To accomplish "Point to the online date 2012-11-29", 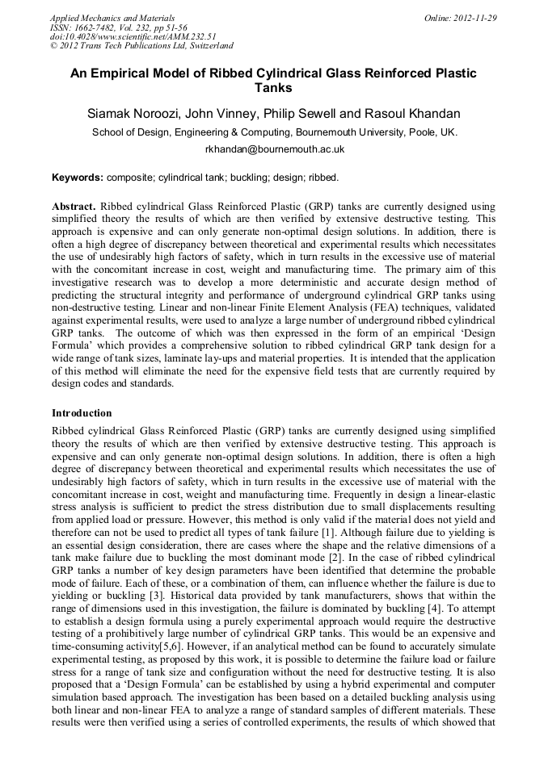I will click(476, 18).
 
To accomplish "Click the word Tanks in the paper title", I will click(273, 88).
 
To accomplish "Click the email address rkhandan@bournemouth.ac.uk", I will click(274, 149).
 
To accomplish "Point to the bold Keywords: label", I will click(78, 177).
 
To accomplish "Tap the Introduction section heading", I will click(82, 413).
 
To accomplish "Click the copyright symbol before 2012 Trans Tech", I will click(54, 47).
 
